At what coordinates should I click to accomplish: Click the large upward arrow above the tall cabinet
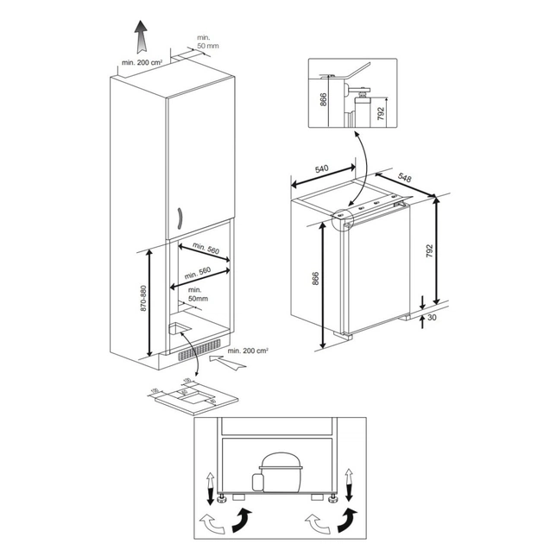click(x=140, y=39)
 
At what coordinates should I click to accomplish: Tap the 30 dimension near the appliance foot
click(x=431, y=318)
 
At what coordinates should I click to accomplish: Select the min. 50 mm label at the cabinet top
click(x=204, y=41)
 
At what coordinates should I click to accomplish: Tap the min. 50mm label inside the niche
click(x=193, y=295)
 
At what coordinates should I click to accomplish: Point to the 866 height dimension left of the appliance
click(x=316, y=280)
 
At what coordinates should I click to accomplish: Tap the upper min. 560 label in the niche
click(x=206, y=250)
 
